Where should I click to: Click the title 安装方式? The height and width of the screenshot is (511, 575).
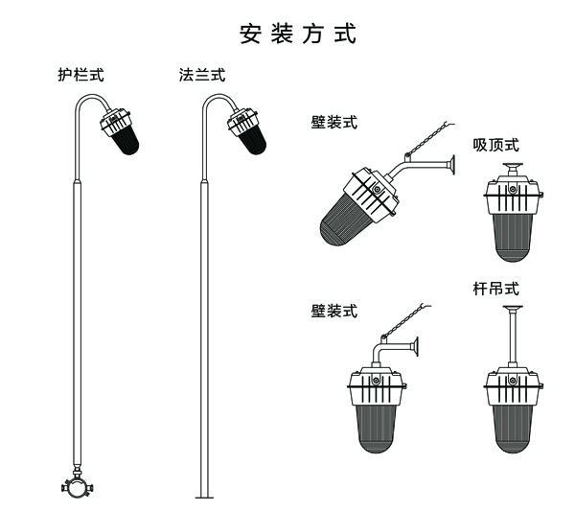pyautogui.click(x=298, y=35)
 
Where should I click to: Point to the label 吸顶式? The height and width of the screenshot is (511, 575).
pyautogui.click(x=496, y=145)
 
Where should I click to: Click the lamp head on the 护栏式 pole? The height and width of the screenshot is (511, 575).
pyautogui.click(x=120, y=132)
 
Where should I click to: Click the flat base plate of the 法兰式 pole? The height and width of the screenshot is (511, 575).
pyautogui.click(x=204, y=497)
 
